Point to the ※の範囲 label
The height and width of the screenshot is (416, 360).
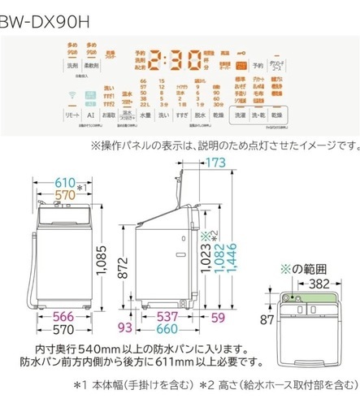(x=301, y=269)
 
